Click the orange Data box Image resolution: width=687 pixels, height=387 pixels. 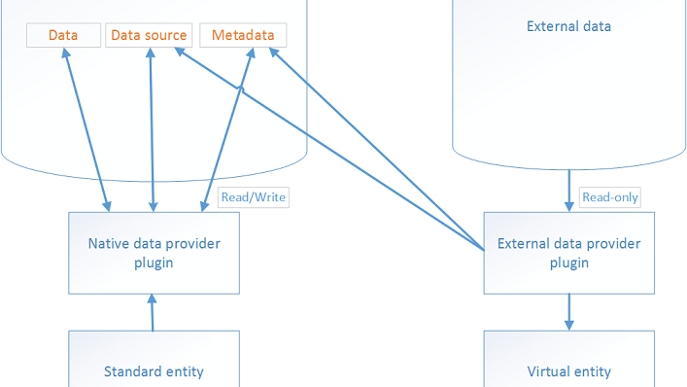pyautogui.click(x=63, y=35)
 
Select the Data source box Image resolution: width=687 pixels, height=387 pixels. pyautogui.click(x=149, y=35)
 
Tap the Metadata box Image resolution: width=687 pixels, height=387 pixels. pyautogui.click(x=243, y=35)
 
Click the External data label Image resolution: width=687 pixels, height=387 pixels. pyautogui.click(x=568, y=26)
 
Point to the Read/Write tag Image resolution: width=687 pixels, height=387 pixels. pyautogui.click(x=254, y=196)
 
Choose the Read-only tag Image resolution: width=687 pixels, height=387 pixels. pyautogui.click(x=610, y=196)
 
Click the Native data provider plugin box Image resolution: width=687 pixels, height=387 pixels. pyautogui.click(x=154, y=252)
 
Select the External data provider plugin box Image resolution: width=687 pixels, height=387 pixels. pyautogui.click(x=568, y=252)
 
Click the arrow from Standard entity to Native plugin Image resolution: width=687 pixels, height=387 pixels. pyautogui.click(x=153, y=311)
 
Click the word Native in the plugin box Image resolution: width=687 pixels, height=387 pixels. pyautogui.click(x=108, y=243)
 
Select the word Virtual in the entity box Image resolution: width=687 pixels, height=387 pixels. pyautogui.click(x=547, y=370)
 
